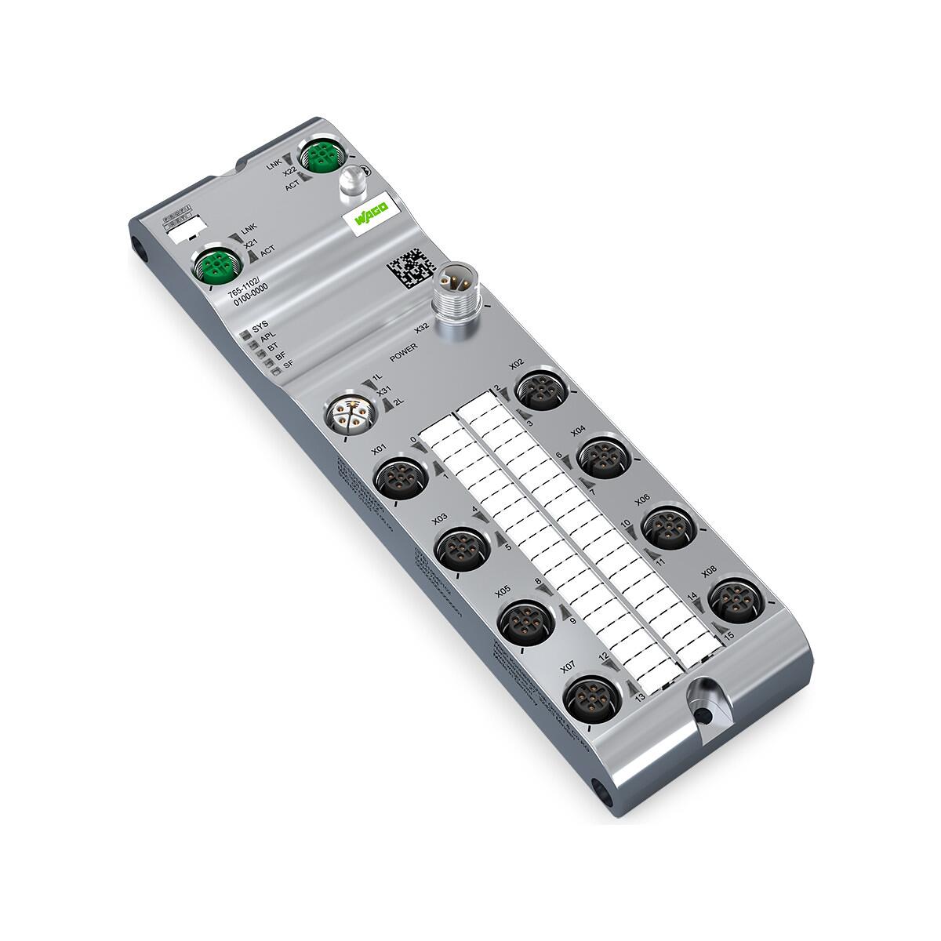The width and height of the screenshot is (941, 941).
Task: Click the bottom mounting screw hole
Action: [x=705, y=716]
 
